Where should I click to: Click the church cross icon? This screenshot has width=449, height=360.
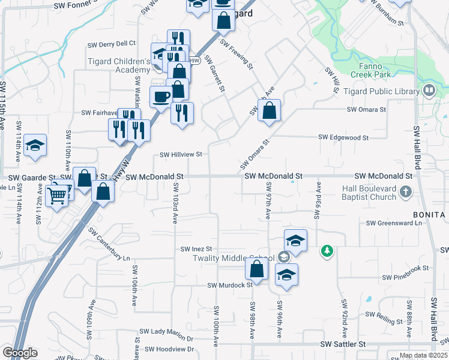point(406,193)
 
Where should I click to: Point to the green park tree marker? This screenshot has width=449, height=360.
point(327,250)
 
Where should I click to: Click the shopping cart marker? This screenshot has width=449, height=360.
point(57,195)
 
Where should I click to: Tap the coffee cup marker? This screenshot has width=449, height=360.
point(161,97)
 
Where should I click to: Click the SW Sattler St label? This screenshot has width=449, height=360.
point(343,344)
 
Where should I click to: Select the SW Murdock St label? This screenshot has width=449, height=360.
point(230,285)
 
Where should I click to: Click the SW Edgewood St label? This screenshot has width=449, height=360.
point(343,137)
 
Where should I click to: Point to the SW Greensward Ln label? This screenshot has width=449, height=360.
point(394,223)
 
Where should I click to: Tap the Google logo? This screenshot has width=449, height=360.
point(20,353)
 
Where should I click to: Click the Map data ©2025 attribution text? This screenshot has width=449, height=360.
point(423,356)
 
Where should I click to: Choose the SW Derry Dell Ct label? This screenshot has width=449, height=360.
point(112,44)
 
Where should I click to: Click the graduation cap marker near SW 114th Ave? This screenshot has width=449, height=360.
point(35,145)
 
